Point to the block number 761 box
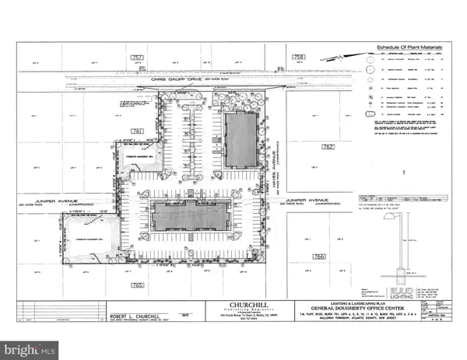coord(138,131)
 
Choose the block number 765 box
coord(138,285)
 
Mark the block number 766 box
coord(318,255)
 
